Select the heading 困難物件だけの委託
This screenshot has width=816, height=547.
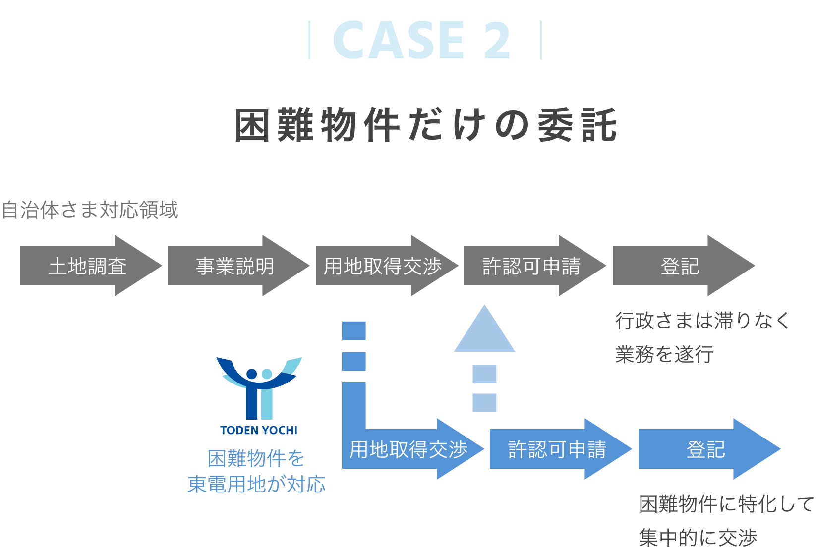426,125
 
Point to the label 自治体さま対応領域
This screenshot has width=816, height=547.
90,210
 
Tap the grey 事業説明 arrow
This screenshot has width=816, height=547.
235,266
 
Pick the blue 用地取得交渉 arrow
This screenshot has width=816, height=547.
409,449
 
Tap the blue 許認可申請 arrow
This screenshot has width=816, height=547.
557,449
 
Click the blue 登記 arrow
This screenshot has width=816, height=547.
706,449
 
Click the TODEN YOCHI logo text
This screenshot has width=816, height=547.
259,430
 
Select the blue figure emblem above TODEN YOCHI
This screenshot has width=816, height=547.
259,386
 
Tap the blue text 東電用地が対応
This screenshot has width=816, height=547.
256,484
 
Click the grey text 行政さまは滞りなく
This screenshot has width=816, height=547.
702,321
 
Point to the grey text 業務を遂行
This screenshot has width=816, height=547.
664,354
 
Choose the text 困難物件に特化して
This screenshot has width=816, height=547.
726,504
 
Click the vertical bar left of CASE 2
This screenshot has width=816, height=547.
310,41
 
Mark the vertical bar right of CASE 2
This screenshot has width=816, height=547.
541,41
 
